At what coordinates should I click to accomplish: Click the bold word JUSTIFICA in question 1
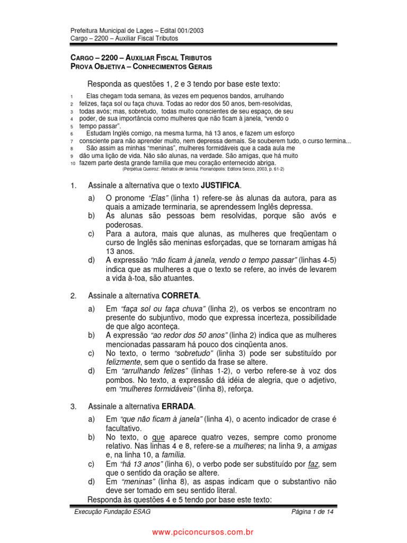(220, 185)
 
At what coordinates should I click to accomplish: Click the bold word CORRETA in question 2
(181, 295)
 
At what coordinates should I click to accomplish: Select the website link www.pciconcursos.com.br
(203, 531)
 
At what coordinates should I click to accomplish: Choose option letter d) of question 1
(92, 260)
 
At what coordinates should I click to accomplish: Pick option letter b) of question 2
(92, 335)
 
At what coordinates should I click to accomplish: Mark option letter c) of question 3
(92, 464)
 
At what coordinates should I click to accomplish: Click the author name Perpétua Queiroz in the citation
(140, 169)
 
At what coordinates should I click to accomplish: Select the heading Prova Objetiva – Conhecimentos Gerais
(141, 67)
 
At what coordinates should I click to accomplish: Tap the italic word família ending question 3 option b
(173, 454)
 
